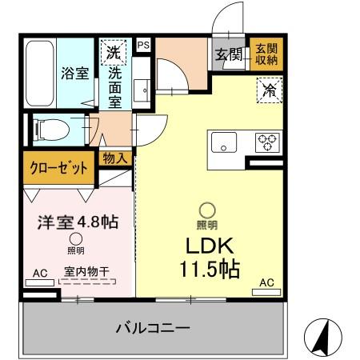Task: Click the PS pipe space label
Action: [x=143, y=46]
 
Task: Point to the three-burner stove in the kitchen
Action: [x=266, y=142]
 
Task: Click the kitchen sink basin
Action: [x=224, y=143]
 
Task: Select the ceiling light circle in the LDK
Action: [x=207, y=210]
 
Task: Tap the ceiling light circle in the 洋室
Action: [x=75, y=238]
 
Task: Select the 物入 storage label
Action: [x=115, y=158]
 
